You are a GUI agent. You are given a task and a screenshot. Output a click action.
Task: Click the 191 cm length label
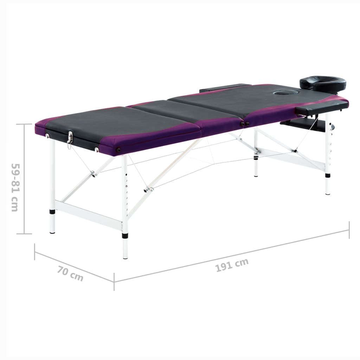(232, 265)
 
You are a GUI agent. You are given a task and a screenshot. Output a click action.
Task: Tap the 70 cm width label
(70, 274)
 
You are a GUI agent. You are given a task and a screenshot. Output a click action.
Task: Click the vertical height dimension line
(24, 179)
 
